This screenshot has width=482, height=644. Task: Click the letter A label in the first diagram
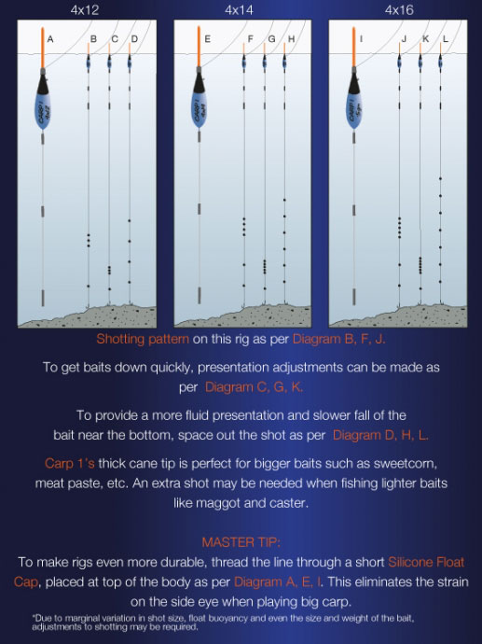(x=50, y=39)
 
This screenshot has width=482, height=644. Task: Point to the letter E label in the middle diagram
(x=207, y=39)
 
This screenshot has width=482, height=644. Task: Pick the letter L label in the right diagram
(x=446, y=39)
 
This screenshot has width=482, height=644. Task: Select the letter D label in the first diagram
(x=134, y=39)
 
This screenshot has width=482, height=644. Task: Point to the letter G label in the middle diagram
(x=271, y=39)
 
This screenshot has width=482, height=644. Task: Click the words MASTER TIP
(x=241, y=541)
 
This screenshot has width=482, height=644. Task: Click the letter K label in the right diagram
(x=425, y=39)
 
